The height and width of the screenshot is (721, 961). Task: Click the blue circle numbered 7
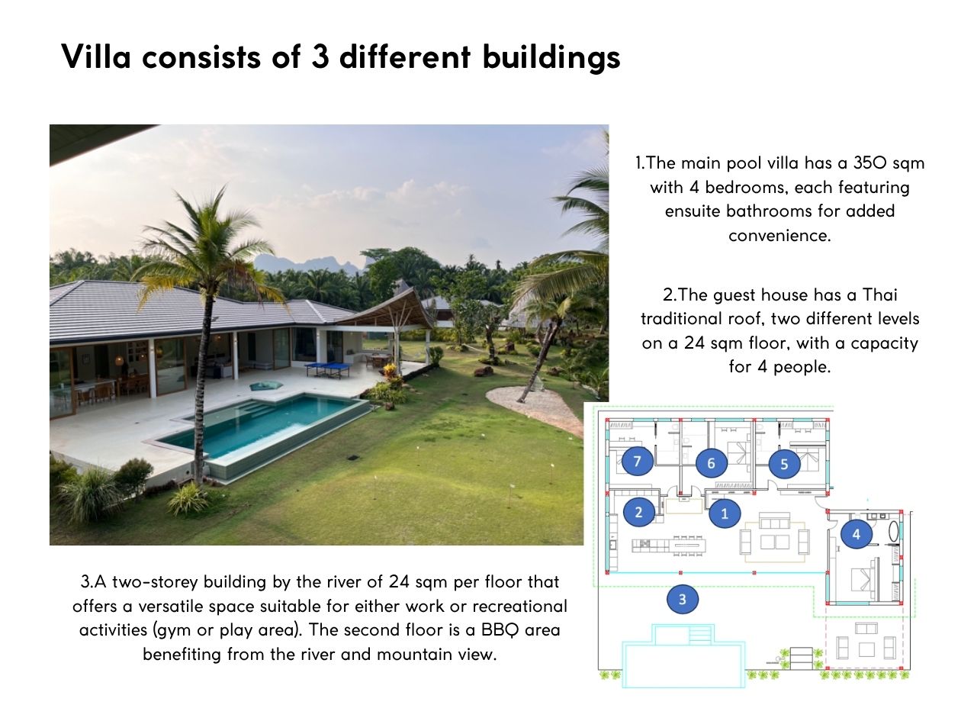638,461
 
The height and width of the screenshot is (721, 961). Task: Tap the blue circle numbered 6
711,462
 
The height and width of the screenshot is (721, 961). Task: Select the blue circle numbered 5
784,464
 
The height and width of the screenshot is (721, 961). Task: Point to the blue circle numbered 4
857,533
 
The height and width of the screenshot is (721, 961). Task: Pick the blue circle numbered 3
682,599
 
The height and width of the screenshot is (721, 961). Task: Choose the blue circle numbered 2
639,512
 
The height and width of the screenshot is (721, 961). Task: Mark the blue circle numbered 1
725,513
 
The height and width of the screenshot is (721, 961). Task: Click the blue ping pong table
327,368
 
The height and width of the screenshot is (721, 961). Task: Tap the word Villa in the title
96,56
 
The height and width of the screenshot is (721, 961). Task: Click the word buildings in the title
551,58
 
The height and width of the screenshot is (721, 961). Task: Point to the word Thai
879,295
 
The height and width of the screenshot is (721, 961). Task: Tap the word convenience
779,236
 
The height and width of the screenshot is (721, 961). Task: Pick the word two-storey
156,582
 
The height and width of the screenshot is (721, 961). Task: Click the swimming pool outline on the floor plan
683,655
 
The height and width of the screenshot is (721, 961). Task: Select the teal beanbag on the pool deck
266,385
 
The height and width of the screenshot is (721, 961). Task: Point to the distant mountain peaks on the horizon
312,263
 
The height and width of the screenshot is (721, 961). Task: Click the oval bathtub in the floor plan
893,532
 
